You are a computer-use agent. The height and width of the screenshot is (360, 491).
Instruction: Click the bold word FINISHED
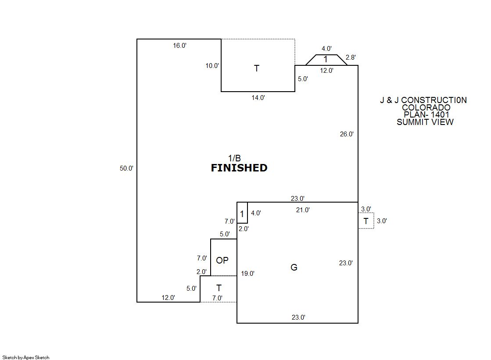[x=239, y=168]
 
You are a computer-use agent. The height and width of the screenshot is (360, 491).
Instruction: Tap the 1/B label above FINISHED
[x=234, y=158]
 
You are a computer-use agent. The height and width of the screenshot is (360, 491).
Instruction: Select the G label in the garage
[x=294, y=267]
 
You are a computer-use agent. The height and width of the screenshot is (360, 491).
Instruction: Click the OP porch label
[x=222, y=260]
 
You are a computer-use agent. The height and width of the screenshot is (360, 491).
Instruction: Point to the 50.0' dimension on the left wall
[x=126, y=168]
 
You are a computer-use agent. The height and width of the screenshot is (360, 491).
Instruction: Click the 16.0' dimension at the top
[x=179, y=46]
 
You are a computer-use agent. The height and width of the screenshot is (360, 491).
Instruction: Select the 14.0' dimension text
[x=258, y=98]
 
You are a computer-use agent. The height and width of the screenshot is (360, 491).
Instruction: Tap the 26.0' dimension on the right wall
[x=346, y=135]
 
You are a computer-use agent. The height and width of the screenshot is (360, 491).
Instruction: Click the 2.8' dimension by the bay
[x=351, y=57]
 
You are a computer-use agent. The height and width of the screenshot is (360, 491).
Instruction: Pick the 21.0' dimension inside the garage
[x=303, y=210]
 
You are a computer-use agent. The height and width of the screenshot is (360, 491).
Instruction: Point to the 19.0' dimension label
[x=247, y=274]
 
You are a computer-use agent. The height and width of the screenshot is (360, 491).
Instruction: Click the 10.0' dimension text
[x=212, y=66]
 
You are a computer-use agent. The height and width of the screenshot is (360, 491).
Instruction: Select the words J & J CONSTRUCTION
[x=423, y=100]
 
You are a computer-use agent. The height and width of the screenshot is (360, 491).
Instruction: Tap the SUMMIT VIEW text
[x=425, y=122]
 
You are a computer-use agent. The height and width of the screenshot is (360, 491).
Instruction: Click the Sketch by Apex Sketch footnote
[x=26, y=357]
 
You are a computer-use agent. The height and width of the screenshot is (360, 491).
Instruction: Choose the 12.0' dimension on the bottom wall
[x=168, y=298]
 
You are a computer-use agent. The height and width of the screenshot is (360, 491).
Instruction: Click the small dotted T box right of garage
[x=366, y=221]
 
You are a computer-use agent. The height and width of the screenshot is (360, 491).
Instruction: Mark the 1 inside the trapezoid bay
[x=326, y=60]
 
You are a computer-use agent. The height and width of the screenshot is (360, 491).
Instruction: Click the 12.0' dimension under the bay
[x=326, y=70]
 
